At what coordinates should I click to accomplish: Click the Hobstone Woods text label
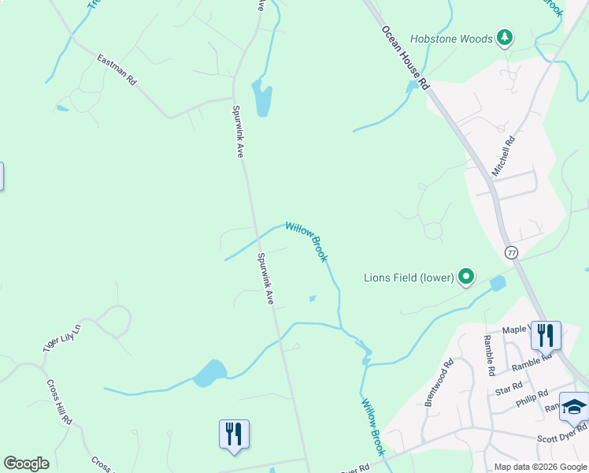click(x=461, y=38)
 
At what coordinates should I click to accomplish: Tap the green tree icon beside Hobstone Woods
click(x=505, y=37)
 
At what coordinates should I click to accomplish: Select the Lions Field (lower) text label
click(x=409, y=277)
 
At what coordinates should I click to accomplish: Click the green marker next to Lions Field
click(x=467, y=277)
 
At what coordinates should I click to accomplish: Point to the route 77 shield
click(x=512, y=252)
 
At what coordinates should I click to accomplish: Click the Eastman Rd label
click(x=117, y=70)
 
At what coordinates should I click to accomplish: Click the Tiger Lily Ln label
click(x=62, y=337)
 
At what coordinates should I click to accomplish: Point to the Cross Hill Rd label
click(x=59, y=402)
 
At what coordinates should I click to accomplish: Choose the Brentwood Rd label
click(x=439, y=383)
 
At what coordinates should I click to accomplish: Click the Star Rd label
click(x=509, y=386)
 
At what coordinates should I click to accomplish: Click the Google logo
click(x=26, y=464)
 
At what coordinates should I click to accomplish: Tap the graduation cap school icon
click(x=574, y=408)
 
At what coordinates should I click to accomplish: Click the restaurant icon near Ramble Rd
click(x=545, y=335)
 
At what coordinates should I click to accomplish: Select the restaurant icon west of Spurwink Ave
click(x=234, y=434)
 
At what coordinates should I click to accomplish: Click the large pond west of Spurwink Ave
click(x=210, y=372)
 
